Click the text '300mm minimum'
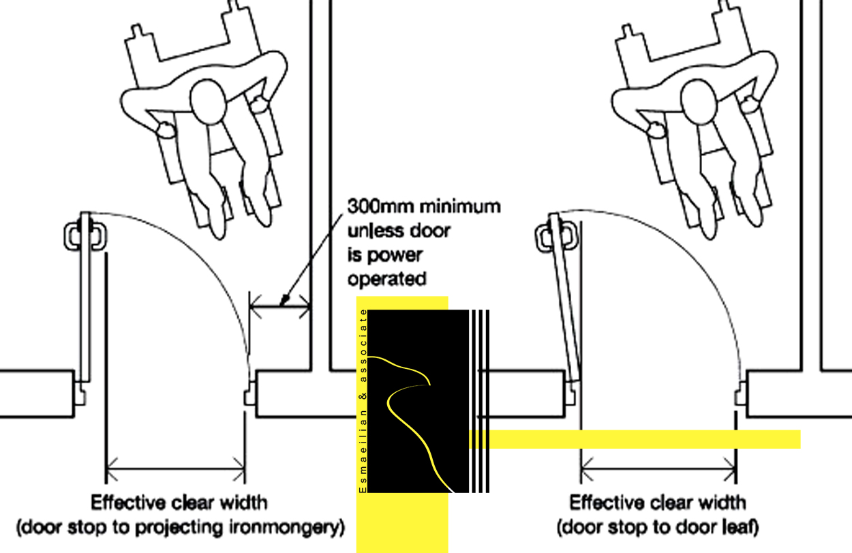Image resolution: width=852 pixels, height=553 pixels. pyautogui.click(x=424, y=206)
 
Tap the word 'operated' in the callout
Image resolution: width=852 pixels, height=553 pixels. pyautogui.click(x=386, y=278)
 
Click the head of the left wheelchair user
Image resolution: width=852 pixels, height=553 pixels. pyautogui.click(x=209, y=102)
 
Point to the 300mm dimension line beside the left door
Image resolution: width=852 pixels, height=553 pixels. pyautogui.click(x=280, y=308)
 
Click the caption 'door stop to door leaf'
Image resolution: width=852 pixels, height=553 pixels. pyautogui.click(x=658, y=527)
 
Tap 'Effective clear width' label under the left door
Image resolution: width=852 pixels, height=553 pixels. pyautogui.click(x=180, y=503)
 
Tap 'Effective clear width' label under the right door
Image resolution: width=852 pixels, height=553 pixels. pyautogui.click(x=658, y=503)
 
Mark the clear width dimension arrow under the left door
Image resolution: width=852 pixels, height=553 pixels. pyautogui.click(x=175, y=469)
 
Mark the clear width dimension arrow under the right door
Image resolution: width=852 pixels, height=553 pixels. pyautogui.click(x=658, y=469)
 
